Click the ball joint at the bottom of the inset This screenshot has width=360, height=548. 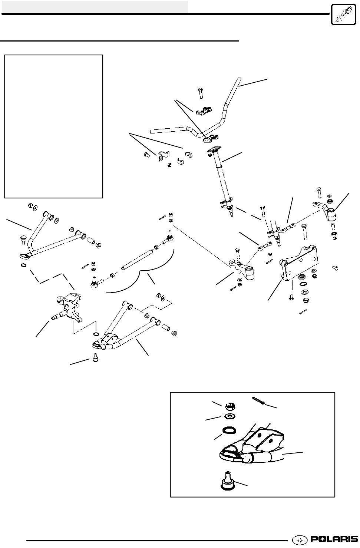tap(226, 481)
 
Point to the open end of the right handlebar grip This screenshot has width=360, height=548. tap(239, 79)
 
